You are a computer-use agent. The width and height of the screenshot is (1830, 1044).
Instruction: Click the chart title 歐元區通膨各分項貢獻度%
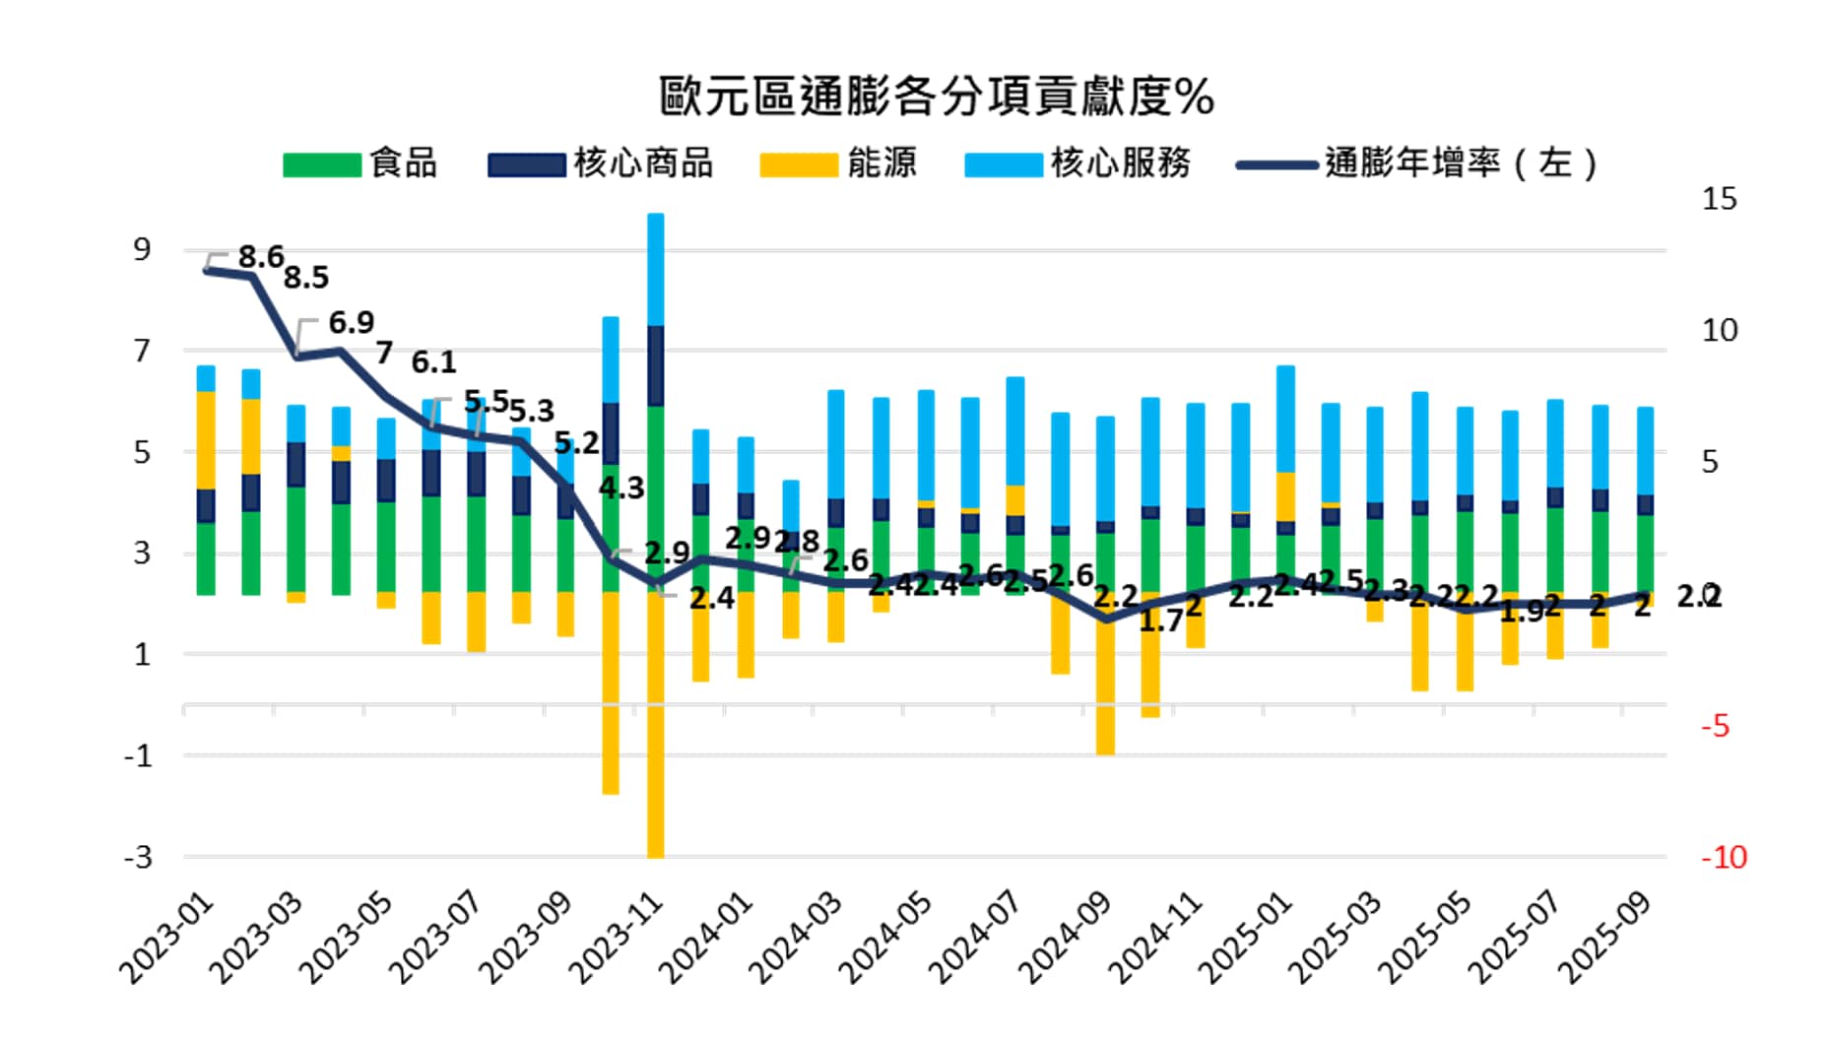click(x=936, y=96)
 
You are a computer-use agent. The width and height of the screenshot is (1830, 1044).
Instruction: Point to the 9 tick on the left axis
click(x=143, y=250)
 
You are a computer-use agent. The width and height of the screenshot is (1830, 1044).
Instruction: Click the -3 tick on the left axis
click(x=138, y=857)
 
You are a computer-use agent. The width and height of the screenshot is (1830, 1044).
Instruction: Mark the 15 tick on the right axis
click(x=1719, y=199)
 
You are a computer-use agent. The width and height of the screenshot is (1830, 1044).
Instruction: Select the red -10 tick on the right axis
click(x=1723, y=857)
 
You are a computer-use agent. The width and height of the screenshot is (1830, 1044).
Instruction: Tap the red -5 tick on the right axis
click(x=1715, y=726)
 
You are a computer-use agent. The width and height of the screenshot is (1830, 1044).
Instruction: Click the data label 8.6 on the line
click(x=261, y=257)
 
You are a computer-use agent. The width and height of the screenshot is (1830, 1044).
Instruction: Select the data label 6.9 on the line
click(x=351, y=323)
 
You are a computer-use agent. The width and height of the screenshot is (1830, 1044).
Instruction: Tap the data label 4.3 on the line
click(x=621, y=488)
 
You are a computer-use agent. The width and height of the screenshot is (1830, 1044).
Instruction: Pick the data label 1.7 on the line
click(x=1160, y=620)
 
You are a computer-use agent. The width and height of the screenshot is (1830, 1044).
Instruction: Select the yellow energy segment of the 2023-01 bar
click(x=206, y=440)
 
